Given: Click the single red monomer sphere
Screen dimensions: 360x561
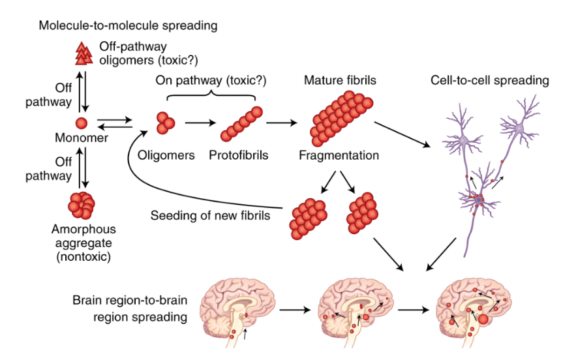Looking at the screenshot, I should point(82,123).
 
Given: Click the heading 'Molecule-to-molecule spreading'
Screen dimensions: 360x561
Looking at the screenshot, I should point(128,26).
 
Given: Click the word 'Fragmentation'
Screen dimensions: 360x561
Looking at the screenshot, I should point(339,156).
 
